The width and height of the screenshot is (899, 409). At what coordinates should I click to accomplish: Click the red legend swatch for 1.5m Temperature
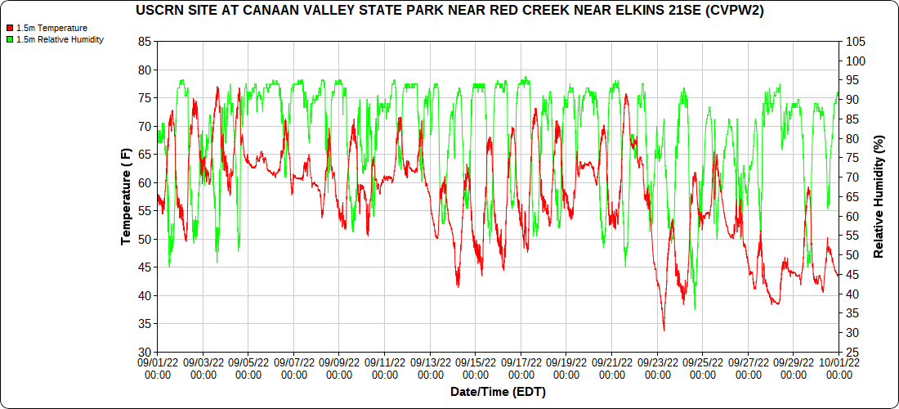click(9, 29)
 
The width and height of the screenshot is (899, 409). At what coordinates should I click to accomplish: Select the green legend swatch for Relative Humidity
click(9, 39)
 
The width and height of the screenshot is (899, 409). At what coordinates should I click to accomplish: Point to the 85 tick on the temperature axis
click(145, 42)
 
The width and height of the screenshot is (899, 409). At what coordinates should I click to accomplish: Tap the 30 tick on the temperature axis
click(145, 353)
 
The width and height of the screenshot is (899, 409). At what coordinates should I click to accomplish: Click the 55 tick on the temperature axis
click(145, 211)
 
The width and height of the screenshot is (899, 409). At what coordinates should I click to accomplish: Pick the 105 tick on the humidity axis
click(856, 42)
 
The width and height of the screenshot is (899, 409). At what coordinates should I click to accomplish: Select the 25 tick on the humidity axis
click(852, 353)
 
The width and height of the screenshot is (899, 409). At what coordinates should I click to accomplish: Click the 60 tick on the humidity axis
click(852, 217)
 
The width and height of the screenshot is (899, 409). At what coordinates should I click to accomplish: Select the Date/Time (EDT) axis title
click(498, 392)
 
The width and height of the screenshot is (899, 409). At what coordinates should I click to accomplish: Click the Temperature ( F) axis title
click(125, 197)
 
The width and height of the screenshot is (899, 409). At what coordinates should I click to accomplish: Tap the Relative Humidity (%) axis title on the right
click(879, 197)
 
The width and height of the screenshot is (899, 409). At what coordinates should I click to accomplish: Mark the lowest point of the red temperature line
click(664, 330)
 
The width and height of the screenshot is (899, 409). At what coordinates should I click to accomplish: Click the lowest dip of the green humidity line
click(695, 309)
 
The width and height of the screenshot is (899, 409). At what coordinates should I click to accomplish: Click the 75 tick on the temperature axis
click(145, 98)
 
